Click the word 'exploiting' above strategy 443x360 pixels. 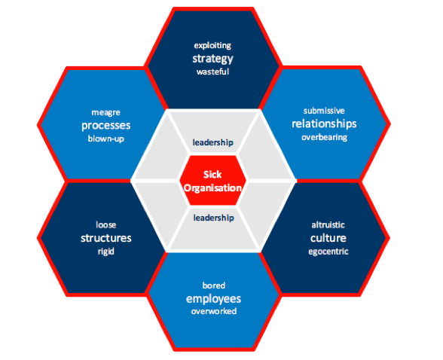coord(212,46)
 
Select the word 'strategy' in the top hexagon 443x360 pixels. coord(212,59)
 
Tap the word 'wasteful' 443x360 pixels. coord(212,72)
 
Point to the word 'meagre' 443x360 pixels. coord(106,113)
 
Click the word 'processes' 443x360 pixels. coord(106,125)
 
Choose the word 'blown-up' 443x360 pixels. coord(106,139)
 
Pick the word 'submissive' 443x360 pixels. coord(324,111)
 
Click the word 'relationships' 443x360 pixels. coord(324,124)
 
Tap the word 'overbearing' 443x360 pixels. coord(324,138)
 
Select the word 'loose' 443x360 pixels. coord(106,224)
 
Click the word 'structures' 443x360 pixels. coord(106,238)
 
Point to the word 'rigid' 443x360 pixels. coord(106,252)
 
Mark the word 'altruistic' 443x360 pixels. coord(328,225)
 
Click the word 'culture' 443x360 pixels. coord(328,238)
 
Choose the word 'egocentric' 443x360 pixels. coord(328,252)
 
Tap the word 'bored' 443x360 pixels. coord(214,285)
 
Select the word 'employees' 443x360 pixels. coord(214,299)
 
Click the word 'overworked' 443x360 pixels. coord(214,312)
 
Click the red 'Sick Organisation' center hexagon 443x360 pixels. coord(212,180)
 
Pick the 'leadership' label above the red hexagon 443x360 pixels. coord(212,142)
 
